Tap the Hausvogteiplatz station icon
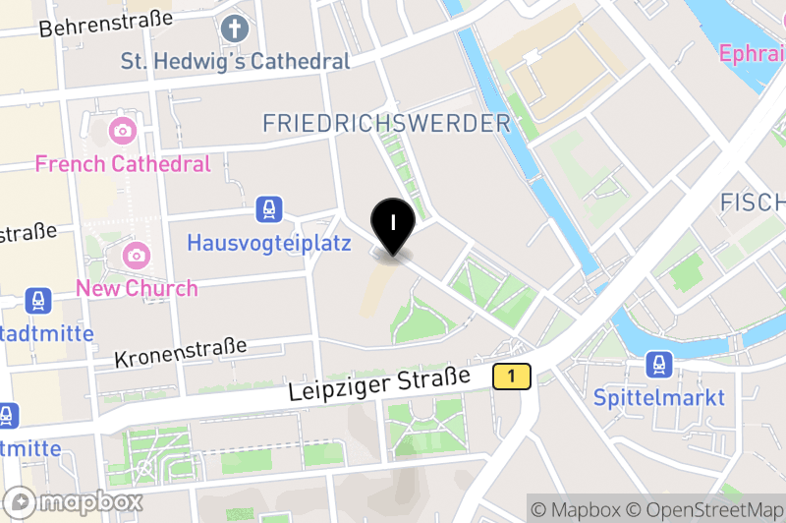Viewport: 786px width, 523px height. click(268, 208)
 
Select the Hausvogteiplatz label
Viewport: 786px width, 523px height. click(268, 242)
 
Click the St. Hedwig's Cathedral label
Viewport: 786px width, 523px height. click(235, 61)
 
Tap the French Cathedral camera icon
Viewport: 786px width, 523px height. click(123, 130)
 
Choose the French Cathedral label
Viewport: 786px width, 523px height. click(123, 163)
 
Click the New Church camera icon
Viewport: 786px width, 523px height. click(137, 256)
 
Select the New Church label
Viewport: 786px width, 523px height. click(137, 288)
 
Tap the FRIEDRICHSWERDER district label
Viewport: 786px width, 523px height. click(387, 123)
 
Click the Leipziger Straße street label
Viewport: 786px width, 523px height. click(380, 384)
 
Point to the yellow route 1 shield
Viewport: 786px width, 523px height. click(512, 376)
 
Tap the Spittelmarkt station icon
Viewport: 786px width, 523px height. click(659, 366)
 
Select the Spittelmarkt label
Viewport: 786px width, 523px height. click(659, 397)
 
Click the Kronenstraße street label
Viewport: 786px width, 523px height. click(180, 353)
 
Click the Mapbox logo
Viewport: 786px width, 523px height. click(74, 502)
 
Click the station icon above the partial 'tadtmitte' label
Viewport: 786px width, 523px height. click(39, 301)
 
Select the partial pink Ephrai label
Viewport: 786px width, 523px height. click(752, 53)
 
